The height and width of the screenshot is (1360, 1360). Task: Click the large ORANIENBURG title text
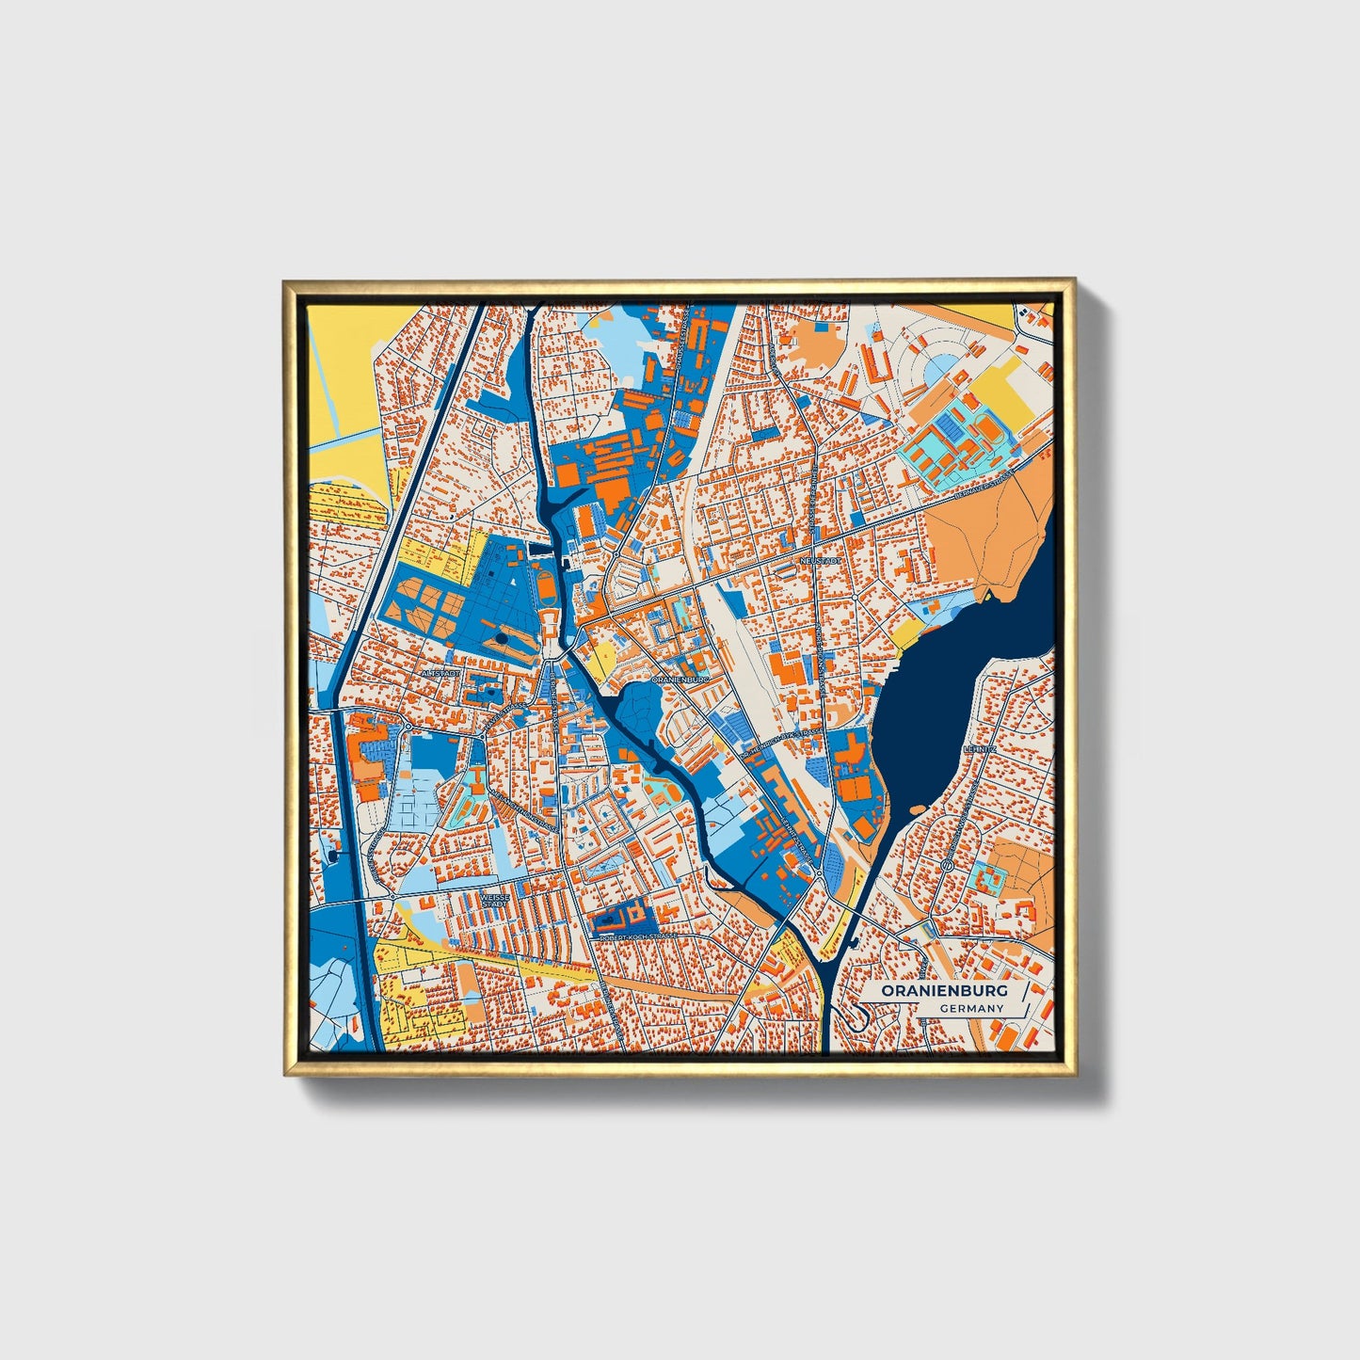click(944, 991)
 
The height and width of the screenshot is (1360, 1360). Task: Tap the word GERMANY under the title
click(971, 1009)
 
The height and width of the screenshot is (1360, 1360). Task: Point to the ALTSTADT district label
click(441, 674)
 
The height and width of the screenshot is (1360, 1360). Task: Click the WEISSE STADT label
click(495, 900)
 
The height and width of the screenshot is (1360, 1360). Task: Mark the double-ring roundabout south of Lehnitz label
click(948, 864)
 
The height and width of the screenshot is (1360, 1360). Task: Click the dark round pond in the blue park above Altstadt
click(502, 639)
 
